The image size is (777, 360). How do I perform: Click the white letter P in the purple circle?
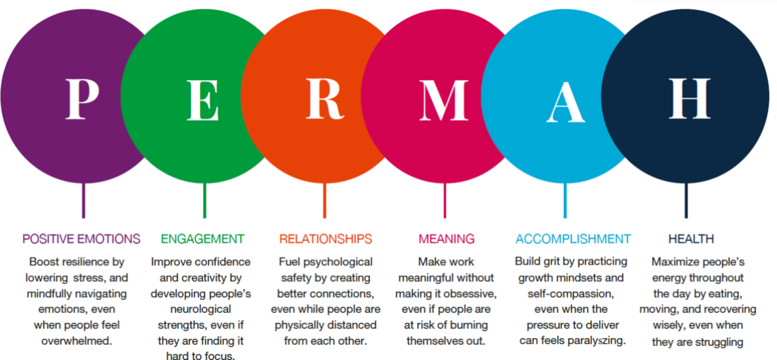tap(82, 99)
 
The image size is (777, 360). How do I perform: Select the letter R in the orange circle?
tap(324, 99)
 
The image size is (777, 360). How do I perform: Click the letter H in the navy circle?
tap(690, 98)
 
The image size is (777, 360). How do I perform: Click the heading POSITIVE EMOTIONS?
tap(81, 239)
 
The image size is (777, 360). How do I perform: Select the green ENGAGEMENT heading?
tap(203, 239)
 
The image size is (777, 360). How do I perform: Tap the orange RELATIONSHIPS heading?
tap(326, 239)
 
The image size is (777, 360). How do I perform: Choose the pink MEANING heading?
tap(447, 239)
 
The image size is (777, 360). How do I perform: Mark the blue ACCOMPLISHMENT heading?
tap(574, 239)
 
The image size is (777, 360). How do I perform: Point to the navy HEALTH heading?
tap(691, 239)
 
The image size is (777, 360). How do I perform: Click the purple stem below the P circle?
tap(83, 200)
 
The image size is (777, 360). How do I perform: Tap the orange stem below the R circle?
tap(324, 200)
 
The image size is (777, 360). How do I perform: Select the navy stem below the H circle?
tap(686, 200)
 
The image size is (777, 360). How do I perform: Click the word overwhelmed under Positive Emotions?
tap(76, 342)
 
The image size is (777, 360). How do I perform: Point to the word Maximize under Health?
tap(673, 262)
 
